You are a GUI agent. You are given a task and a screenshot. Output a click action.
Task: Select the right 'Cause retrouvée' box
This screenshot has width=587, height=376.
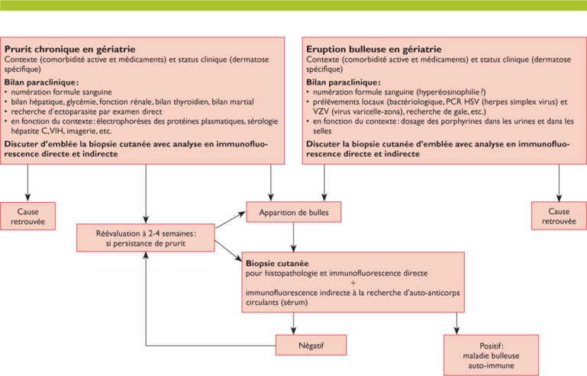tap(558, 217)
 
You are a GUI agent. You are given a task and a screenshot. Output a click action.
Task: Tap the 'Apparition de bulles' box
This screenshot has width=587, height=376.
tap(294, 212)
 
